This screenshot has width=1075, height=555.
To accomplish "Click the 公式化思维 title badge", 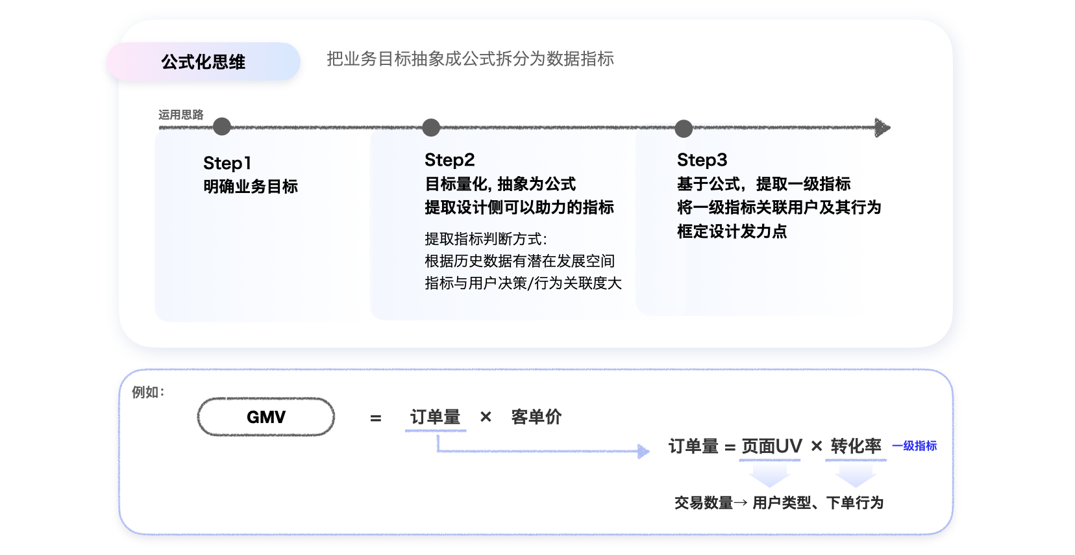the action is pyautogui.click(x=203, y=62).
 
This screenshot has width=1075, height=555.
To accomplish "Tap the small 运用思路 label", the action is pyautogui.click(x=181, y=115).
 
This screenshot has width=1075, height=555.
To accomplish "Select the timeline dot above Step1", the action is pyautogui.click(x=222, y=127).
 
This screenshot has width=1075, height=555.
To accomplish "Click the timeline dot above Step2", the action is pyautogui.click(x=431, y=127).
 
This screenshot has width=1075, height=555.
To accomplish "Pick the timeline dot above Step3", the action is pyautogui.click(x=684, y=129).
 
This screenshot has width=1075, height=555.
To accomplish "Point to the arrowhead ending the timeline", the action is pyautogui.click(x=882, y=127).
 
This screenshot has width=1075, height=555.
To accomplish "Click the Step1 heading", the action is pyautogui.click(x=227, y=163).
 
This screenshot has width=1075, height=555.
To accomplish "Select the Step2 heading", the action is pyautogui.click(x=449, y=160).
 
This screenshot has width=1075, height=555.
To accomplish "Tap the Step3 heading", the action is pyautogui.click(x=702, y=160).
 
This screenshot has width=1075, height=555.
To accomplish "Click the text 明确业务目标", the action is pyautogui.click(x=251, y=187).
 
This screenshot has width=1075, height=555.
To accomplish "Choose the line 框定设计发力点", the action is pyautogui.click(x=732, y=231).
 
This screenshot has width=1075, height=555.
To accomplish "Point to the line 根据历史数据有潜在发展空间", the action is pyautogui.click(x=519, y=261).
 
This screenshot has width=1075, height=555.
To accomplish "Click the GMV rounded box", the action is pyautogui.click(x=266, y=417).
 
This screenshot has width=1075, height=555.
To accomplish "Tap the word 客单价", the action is pyautogui.click(x=536, y=417).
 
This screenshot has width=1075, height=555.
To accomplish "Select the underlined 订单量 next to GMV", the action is pyautogui.click(x=435, y=417).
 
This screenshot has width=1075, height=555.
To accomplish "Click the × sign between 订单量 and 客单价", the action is pyautogui.click(x=486, y=417).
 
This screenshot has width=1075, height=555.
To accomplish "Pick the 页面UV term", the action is pyautogui.click(x=771, y=446).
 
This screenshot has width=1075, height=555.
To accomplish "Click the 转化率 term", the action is pyautogui.click(x=856, y=446).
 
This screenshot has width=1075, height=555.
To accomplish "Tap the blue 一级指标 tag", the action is pyautogui.click(x=914, y=446).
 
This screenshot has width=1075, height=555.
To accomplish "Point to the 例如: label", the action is pyautogui.click(x=148, y=393).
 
